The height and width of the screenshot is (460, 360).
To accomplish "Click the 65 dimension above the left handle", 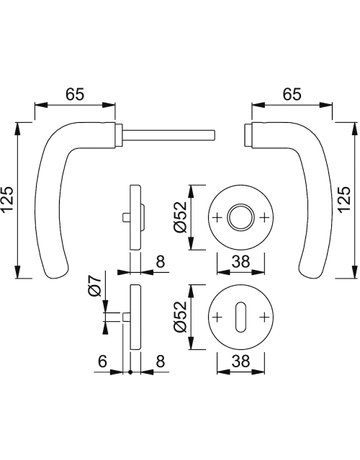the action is [x=75, y=95].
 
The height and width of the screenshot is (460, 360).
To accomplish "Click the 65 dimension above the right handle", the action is [x=292, y=94].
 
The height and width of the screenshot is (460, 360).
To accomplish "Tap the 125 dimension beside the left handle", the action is [x=7, y=200].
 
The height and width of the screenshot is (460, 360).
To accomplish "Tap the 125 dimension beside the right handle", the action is [x=344, y=199].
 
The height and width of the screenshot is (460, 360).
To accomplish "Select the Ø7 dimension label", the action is [x=94, y=286].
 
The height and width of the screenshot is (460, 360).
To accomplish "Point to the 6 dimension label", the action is [x=103, y=361].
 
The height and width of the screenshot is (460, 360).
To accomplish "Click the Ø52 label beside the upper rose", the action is [x=181, y=217].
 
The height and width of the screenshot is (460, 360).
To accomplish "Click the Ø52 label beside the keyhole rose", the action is [x=181, y=317].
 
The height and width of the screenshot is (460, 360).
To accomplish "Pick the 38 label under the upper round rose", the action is [x=241, y=262].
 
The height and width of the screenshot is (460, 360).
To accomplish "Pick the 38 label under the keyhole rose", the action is [x=241, y=361].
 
